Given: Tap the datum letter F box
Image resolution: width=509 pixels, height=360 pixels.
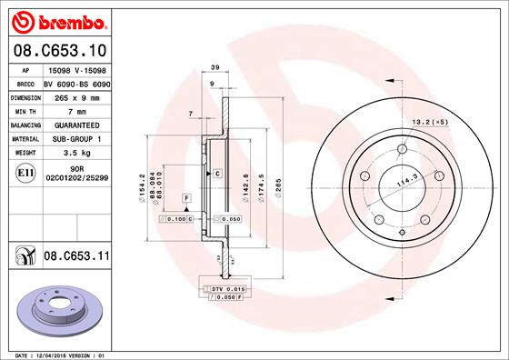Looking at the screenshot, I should click(x=186, y=197).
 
